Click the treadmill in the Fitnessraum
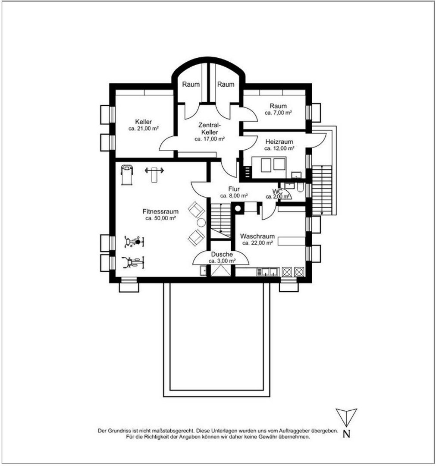[x=127, y=174]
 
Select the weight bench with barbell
[x=154, y=171]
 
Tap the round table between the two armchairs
[x=201, y=223]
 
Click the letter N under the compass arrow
[x=346, y=434]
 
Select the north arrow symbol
[x=346, y=417]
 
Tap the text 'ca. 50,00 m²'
[x=160, y=218]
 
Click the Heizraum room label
[x=279, y=142]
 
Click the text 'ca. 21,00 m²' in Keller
[x=143, y=129]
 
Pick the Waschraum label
[x=257, y=236]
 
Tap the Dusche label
[x=222, y=255]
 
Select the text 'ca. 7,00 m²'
[x=278, y=113]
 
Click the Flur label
[x=233, y=189]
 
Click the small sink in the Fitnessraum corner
[x=203, y=271]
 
